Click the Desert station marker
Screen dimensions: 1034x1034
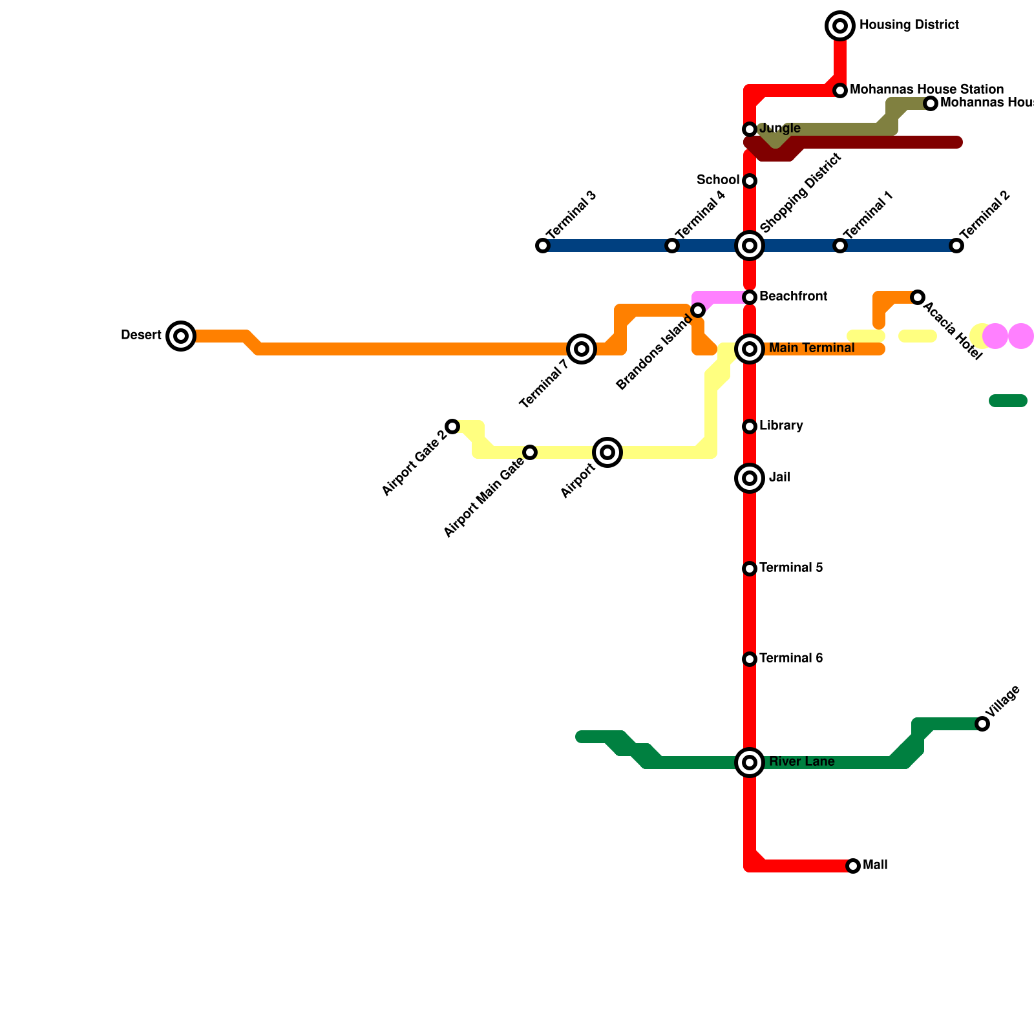[181, 336]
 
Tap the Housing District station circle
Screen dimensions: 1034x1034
[840, 26]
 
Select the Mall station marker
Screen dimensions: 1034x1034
[853, 866]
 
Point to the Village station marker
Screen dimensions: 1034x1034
[982, 724]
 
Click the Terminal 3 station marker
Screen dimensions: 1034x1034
[543, 246]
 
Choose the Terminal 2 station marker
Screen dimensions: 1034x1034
[956, 246]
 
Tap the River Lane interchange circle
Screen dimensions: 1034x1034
[750, 763]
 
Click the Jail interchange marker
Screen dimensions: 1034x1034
[750, 478]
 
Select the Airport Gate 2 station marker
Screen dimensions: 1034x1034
[452, 427]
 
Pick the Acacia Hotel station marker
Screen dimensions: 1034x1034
[918, 297]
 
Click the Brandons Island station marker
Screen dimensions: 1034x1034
[698, 310]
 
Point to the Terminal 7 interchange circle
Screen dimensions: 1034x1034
[582, 349]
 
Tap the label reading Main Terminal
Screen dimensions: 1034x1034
[812, 348]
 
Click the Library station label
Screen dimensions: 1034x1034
[781, 426]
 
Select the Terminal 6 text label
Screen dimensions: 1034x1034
[791, 659]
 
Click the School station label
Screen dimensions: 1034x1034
[718, 180]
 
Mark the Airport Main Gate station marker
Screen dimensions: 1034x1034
[530, 452]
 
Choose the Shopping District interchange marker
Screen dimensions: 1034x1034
[750, 246]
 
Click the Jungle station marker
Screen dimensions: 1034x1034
[750, 129]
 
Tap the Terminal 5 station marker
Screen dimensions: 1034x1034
[750, 569]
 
